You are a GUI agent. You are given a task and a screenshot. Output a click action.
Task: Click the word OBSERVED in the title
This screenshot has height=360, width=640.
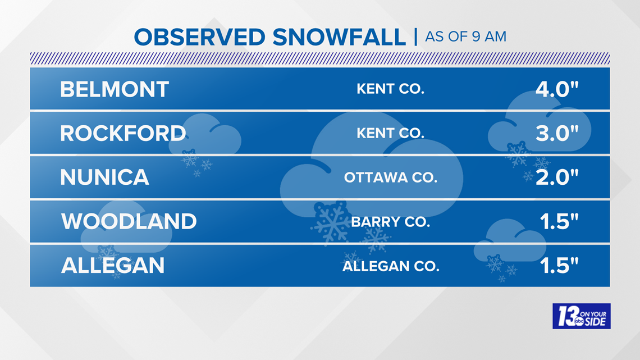coord(200,37)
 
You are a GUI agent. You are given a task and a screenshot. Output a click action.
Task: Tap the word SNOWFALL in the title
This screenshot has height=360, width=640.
coord(339,37)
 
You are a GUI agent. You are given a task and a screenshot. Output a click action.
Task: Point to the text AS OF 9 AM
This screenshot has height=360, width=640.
coord(466,37)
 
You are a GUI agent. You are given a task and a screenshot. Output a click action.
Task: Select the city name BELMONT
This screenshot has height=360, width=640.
coord(115,89)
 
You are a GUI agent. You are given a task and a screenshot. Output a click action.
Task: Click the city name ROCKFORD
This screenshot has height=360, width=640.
coord(123,133)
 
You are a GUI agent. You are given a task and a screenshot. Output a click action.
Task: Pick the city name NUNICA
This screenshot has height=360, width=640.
coord(104,177)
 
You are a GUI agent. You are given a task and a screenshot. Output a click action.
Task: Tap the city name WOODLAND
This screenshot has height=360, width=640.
coord(129,221)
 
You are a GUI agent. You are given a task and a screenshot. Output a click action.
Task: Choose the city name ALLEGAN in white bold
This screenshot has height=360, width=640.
coord(113,266)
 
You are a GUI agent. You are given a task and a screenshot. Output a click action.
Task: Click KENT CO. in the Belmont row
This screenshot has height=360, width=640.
coord(391,89)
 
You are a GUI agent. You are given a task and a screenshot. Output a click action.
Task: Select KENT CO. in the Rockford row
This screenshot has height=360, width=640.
coord(391,133)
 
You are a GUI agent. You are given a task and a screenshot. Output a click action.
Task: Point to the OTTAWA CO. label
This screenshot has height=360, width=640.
coord(391,177)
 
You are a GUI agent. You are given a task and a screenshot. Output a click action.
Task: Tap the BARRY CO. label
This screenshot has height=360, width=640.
coord(391,222)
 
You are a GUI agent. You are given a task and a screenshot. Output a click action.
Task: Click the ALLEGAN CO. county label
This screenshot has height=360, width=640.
coord(391,266)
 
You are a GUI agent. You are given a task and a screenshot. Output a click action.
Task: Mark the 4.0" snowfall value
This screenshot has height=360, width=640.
coord(557,89)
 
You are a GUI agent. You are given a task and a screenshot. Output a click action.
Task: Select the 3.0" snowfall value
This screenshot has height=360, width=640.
coord(557,133)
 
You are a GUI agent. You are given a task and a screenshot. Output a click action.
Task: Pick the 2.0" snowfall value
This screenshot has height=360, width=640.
coord(557,177)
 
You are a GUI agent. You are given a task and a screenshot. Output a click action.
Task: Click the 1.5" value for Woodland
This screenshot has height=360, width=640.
coord(559,221)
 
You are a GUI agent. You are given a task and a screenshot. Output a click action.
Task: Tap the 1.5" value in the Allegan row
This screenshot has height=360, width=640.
coord(559,266)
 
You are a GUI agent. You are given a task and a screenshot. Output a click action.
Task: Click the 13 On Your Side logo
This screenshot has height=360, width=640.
coord(582,316)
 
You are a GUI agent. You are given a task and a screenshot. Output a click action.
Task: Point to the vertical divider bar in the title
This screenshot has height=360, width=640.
coord(415,37)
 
